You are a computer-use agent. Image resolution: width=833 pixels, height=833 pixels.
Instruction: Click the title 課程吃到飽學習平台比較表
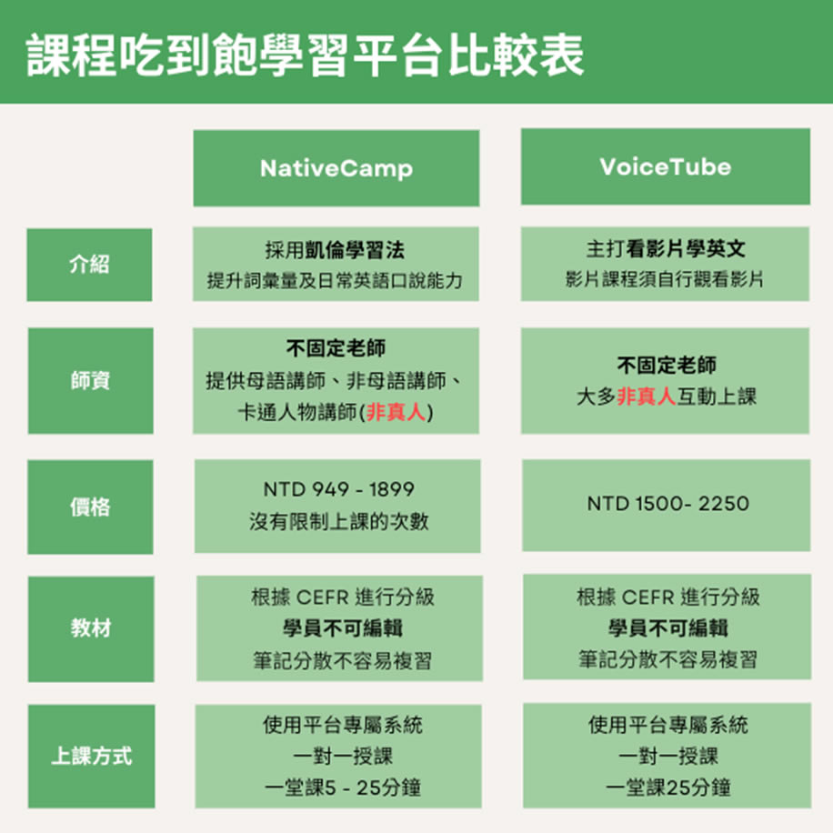coord(305,55)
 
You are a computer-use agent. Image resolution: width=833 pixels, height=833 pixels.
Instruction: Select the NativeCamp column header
coord(336,168)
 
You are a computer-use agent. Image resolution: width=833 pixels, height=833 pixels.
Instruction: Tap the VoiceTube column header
coord(665,166)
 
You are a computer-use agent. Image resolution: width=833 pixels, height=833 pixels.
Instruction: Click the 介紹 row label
coord(89,264)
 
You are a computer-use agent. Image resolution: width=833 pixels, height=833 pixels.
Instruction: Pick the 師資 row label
coord(90,380)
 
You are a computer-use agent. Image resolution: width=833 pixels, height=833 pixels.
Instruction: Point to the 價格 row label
coord(90,507)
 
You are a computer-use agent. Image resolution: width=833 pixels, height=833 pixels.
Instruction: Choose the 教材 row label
coord(91,628)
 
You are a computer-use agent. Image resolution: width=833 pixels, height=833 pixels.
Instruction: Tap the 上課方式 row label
coord(91,756)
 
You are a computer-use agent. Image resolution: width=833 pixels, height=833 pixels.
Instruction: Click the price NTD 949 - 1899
coord(338,488)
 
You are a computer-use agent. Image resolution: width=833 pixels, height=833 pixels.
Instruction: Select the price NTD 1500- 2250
coord(667,503)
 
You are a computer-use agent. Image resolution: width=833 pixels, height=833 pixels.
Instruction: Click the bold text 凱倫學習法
coord(355,250)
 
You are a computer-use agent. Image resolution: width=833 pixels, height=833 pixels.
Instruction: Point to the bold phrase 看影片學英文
coord(686,248)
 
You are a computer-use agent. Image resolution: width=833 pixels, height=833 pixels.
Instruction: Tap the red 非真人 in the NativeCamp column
coord(396,412)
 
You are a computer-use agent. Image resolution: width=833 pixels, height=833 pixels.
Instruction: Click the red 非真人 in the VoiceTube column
coord(646,396)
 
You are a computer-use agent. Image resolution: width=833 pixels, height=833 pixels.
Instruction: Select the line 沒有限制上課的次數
coord(339,521)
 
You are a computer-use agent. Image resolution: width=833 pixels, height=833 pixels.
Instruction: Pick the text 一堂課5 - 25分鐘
coord(343,788)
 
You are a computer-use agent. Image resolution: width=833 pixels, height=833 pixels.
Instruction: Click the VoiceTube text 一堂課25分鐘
coord(667,788)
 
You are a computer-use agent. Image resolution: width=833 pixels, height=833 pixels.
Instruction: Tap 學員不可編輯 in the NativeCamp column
coord(343,628)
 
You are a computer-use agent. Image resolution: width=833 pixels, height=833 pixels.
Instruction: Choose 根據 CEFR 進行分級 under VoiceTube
coord(667,597)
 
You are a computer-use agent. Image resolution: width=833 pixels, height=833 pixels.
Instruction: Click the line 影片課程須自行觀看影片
coord(665,279)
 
